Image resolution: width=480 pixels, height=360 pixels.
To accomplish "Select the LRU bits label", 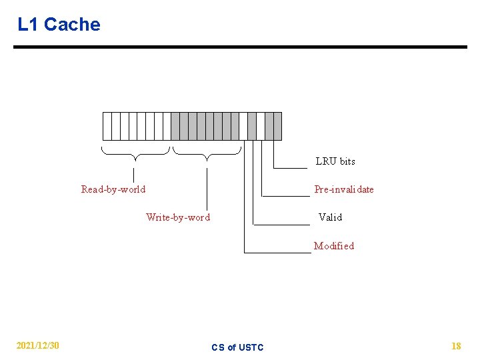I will [335, 161].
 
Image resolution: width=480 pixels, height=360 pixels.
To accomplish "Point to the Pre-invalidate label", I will [344, 189].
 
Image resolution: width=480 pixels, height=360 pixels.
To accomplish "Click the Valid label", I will [330, 217].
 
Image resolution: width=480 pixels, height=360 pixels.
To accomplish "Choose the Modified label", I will [334, 246].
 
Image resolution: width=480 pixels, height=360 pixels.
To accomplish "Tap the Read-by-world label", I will [113, 189].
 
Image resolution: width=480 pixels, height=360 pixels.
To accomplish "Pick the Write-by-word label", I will [178, 217].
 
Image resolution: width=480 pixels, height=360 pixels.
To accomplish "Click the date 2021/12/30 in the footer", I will [38, 345].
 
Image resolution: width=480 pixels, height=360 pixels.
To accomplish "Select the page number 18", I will [456, 346].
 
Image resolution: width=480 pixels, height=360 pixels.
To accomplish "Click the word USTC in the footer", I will [251, 347].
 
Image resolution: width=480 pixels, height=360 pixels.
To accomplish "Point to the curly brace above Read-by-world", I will [135, 154].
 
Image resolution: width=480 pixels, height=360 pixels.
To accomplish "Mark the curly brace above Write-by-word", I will [207, 154].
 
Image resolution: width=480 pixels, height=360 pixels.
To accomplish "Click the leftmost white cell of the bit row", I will [107, 126].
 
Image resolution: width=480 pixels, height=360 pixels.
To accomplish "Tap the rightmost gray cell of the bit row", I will [277, 126].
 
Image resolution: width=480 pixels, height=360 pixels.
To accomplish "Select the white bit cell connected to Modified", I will [243, 126].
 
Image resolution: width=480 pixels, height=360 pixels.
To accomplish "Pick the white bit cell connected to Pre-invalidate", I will [261, 126].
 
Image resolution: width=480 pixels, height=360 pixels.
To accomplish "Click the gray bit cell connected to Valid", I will [252, 126].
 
